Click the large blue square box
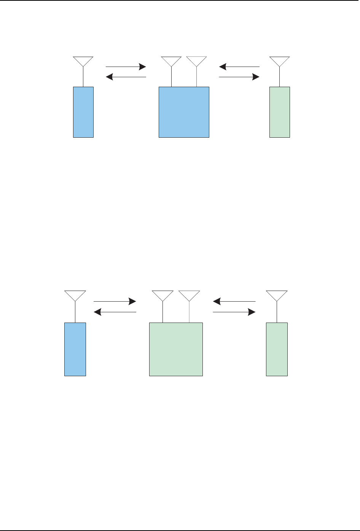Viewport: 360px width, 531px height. tap(184, 112)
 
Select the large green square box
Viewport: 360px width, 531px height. tap(176, 349)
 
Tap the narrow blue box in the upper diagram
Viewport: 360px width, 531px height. tap(83, 112)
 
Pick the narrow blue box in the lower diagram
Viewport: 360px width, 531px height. tap(75, 349)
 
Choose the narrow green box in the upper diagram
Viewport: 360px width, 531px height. tap(280, 112)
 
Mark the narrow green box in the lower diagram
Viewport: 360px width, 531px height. tap(277, 349)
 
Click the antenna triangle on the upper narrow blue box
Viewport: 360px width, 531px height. tap(83, 61)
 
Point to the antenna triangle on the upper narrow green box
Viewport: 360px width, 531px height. tap(280, 61)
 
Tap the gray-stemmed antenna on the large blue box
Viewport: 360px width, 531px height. tap(196, 61)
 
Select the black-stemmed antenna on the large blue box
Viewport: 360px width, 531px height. tap(171, 61)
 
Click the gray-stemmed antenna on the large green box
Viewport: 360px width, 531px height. tap(189, 295)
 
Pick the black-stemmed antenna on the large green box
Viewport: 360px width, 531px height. tap(162, 295)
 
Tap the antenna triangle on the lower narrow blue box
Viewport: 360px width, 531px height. tap(75, 295)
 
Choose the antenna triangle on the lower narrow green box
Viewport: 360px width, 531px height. tap(277, 295)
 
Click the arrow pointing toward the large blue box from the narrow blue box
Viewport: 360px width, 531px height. tap(126, 67)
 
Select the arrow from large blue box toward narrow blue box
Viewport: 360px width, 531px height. tap(126, 77)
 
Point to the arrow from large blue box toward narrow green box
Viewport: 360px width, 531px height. tap(239, 77)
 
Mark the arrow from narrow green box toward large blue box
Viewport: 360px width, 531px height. tap(239, 67)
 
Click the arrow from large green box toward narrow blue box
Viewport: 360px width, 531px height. tap(115, 312)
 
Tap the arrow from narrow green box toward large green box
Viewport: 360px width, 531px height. tap(234, 302)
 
